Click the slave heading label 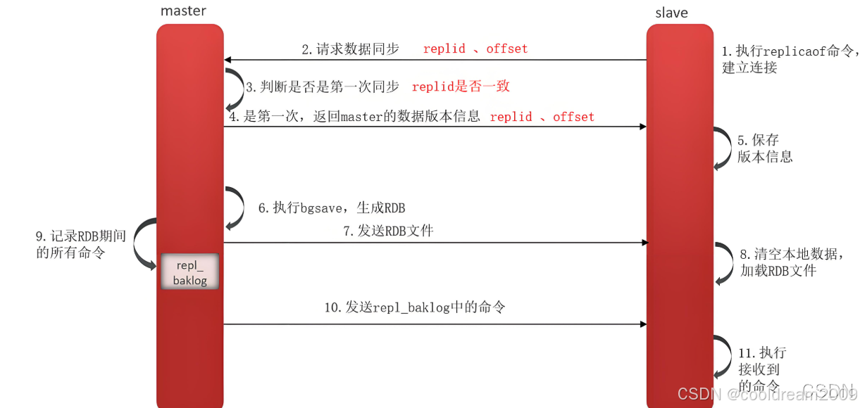671,13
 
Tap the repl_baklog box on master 189,271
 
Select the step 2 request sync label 350,49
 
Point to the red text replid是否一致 461,87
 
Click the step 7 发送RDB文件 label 388,231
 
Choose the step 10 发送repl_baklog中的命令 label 414,307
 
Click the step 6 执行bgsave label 331,208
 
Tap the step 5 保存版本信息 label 764,148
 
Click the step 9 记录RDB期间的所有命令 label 80,244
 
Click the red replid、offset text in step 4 542,117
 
